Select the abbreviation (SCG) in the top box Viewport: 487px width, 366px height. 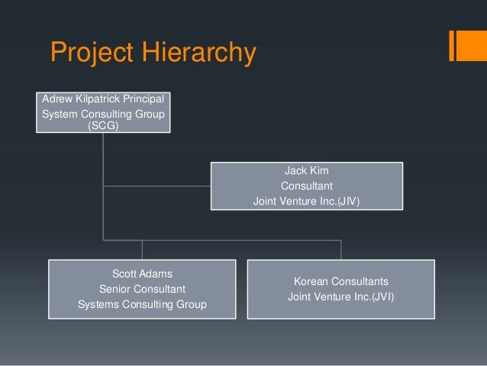104,125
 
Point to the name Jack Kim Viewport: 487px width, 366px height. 306,170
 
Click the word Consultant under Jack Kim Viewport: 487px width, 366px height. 306,186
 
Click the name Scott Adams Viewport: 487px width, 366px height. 142,273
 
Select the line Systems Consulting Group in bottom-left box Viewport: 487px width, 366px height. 142,305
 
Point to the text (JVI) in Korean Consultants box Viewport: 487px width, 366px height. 379,296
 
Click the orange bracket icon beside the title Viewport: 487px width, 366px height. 463,45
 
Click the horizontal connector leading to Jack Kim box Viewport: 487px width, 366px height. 156,185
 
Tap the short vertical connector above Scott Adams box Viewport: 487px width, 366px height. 142,250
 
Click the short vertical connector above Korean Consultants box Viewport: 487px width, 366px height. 340,250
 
